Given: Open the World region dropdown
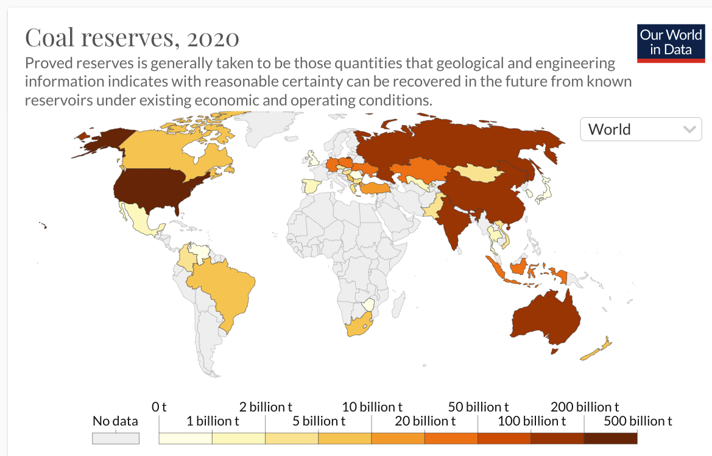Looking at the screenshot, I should (641, 129).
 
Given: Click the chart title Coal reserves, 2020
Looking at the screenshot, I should (132, 38).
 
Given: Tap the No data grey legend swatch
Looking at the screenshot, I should (116, 438).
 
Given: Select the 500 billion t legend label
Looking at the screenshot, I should (638, 421).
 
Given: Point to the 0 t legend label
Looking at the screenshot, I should (160, 407).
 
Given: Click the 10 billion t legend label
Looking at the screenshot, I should (372, 407).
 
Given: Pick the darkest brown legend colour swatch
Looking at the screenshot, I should (610, 438).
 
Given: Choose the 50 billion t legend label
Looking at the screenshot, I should (478, 407).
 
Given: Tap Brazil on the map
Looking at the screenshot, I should (222, 290).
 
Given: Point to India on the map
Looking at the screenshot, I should (454, 219).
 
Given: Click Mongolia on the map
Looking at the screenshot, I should (481, 171).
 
